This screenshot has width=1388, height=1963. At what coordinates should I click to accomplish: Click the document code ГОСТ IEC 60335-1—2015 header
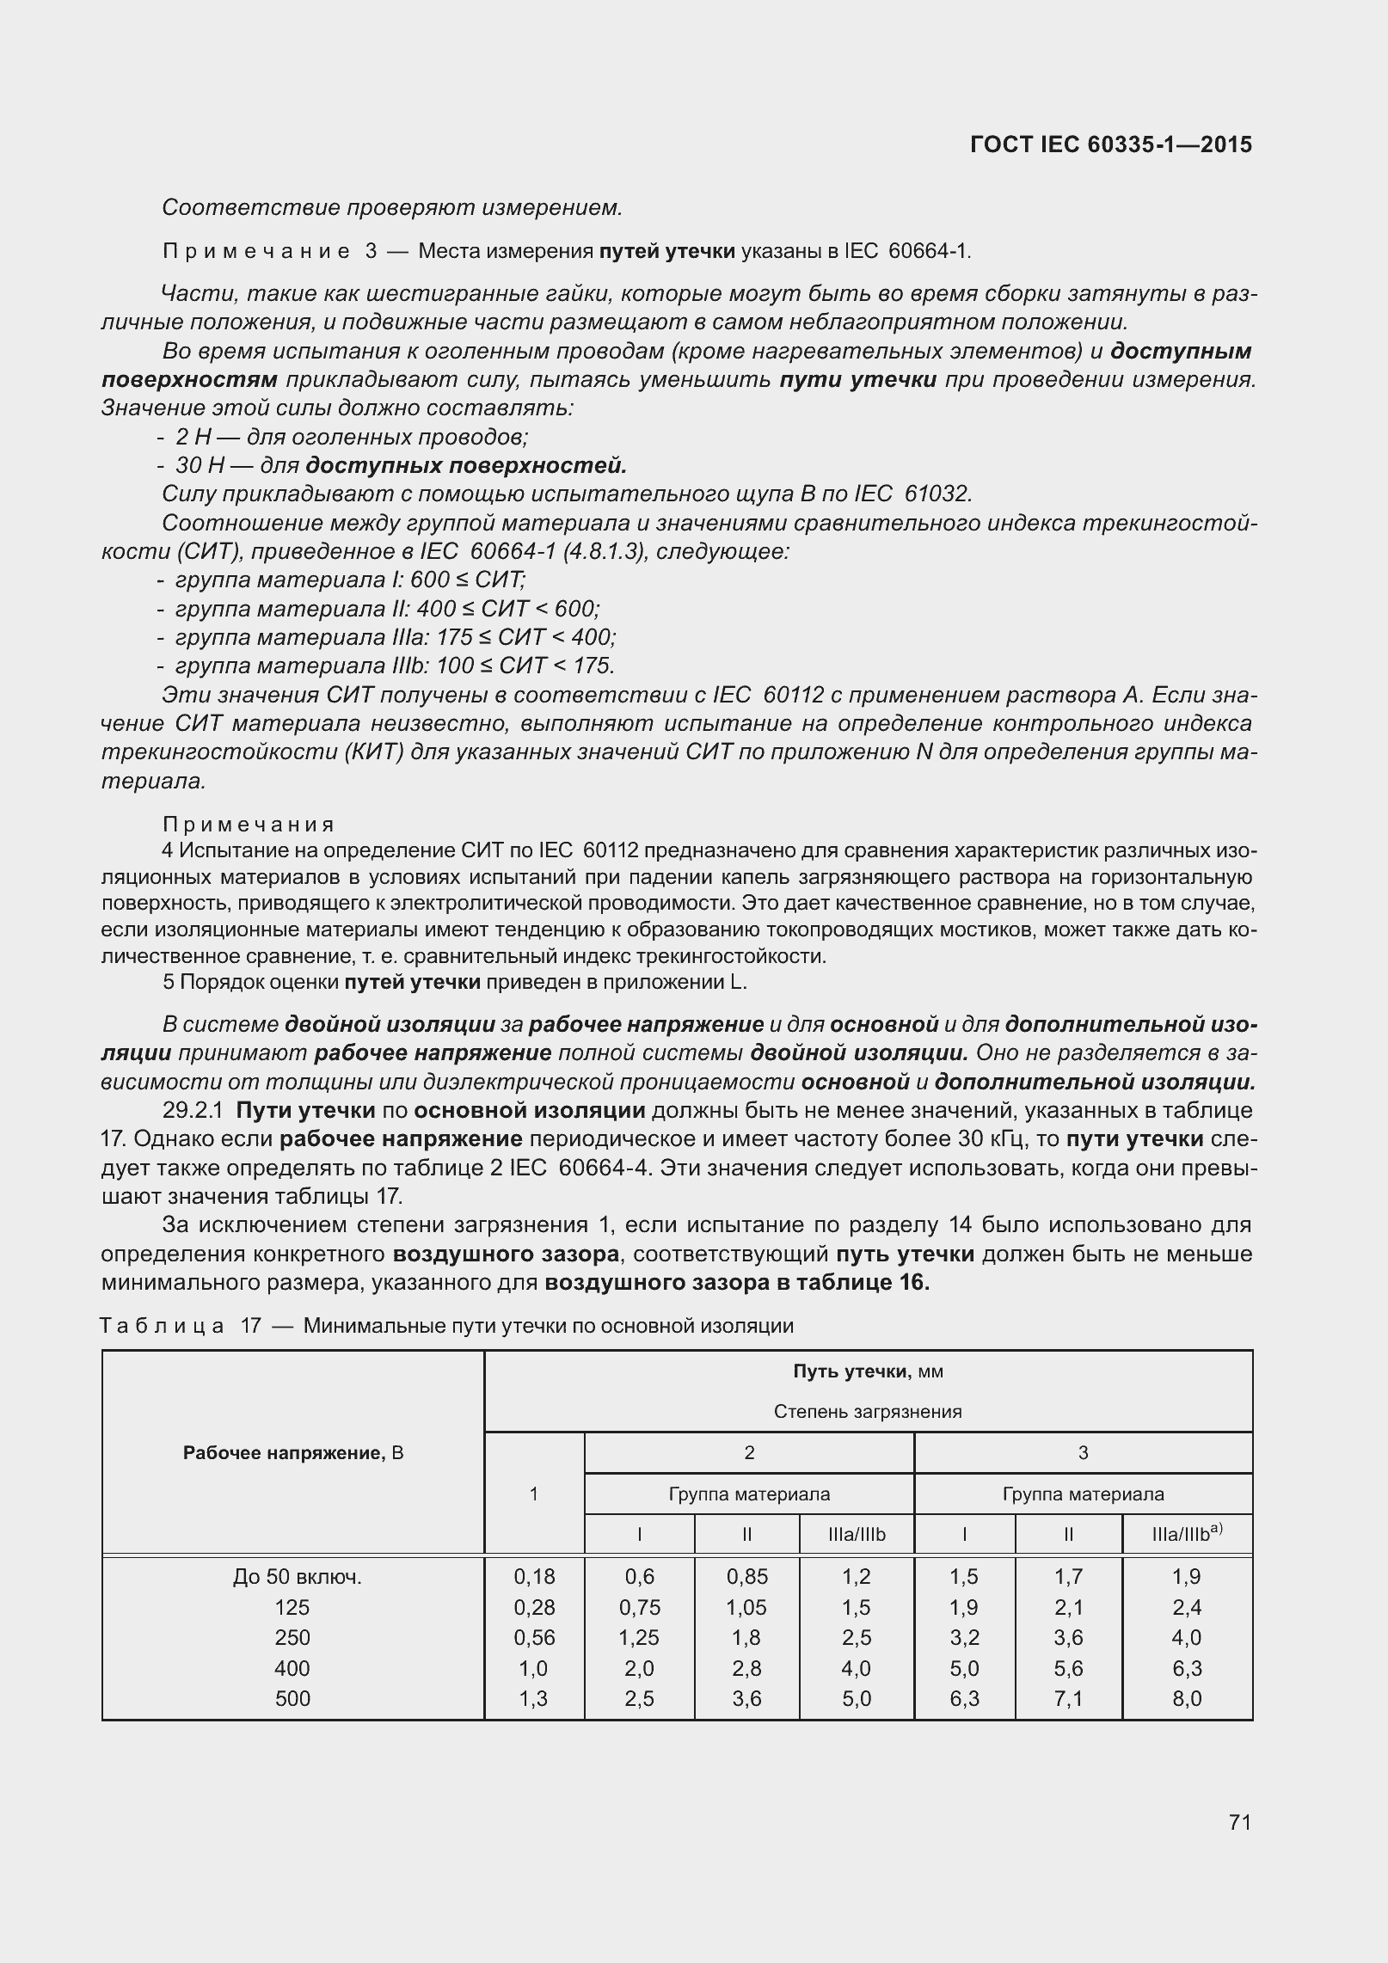[x=1110, y=144]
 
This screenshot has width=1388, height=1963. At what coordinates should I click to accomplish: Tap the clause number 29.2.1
[x=195, y=1111]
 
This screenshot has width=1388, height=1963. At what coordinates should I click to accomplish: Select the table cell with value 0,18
[x=534, y=1576]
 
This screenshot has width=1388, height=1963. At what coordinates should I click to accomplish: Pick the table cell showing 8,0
[x=1186, y=1698]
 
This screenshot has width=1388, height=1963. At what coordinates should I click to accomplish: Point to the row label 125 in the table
[x=292, y=1607]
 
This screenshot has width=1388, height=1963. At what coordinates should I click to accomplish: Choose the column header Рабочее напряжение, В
[x=293, y=1452]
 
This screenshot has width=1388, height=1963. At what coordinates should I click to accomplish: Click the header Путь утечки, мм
[x=868, y=1371]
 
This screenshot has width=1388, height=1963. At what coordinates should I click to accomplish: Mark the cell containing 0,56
[x=534, y=1637]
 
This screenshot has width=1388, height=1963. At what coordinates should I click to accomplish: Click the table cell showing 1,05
[x=746, y=1607]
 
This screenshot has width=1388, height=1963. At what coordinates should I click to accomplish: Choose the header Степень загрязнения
[x=868, y=1411]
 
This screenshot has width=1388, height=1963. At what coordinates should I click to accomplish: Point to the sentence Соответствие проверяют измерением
[x=391, y=207]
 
